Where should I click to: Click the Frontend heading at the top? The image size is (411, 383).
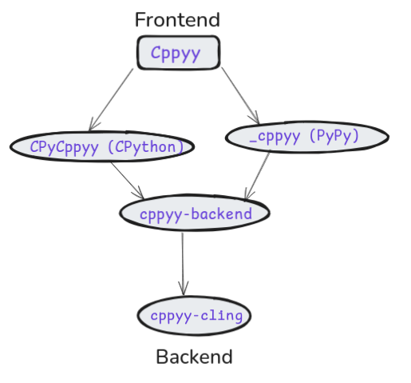[x=177, y=20]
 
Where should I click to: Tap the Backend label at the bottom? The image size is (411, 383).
[x=194, y=357]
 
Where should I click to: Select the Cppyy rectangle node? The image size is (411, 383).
[x=178, y=54]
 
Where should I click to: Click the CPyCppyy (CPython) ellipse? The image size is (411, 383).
[x=102, y=147]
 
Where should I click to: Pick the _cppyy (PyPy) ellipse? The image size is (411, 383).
[x=306, y=138]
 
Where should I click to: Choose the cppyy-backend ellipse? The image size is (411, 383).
[x=195, y=213]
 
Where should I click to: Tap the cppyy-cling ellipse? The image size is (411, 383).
[x=195, y=315]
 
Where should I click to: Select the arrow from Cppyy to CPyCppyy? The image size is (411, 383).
[x=113, y=99]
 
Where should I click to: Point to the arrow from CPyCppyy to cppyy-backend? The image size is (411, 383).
[x=127, y=180]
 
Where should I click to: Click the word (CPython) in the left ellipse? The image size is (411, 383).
[x=150, y=147]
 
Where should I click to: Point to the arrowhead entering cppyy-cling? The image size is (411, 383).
[x=184, y=289]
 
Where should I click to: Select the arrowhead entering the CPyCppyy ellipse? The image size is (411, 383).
[x=93, y=125]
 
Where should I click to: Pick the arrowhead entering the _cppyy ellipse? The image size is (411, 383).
[x=256, y=119]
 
